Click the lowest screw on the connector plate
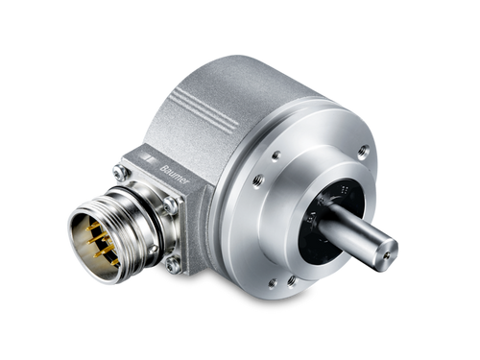click(174, 260)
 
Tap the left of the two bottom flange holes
click(270, 281)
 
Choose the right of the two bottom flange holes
click(291, 286)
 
